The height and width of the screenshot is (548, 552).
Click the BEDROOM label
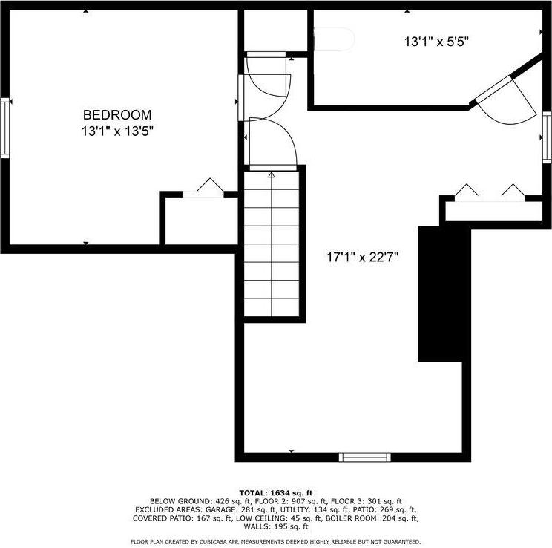pos(117,115)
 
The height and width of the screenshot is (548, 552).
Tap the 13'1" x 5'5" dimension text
pos(436,42)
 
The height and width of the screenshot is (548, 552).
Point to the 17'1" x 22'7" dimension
pos(364,258)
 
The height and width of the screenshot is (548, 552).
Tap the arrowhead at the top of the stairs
pos(271,176)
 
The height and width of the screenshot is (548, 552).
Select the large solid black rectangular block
pos(445,293)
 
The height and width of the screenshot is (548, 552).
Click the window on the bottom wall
pos(364,457)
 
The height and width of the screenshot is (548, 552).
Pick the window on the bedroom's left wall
pos(4,128)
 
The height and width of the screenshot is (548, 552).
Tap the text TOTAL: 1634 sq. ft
pos(276,492)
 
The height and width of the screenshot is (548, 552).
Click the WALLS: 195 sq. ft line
pos(276,526)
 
